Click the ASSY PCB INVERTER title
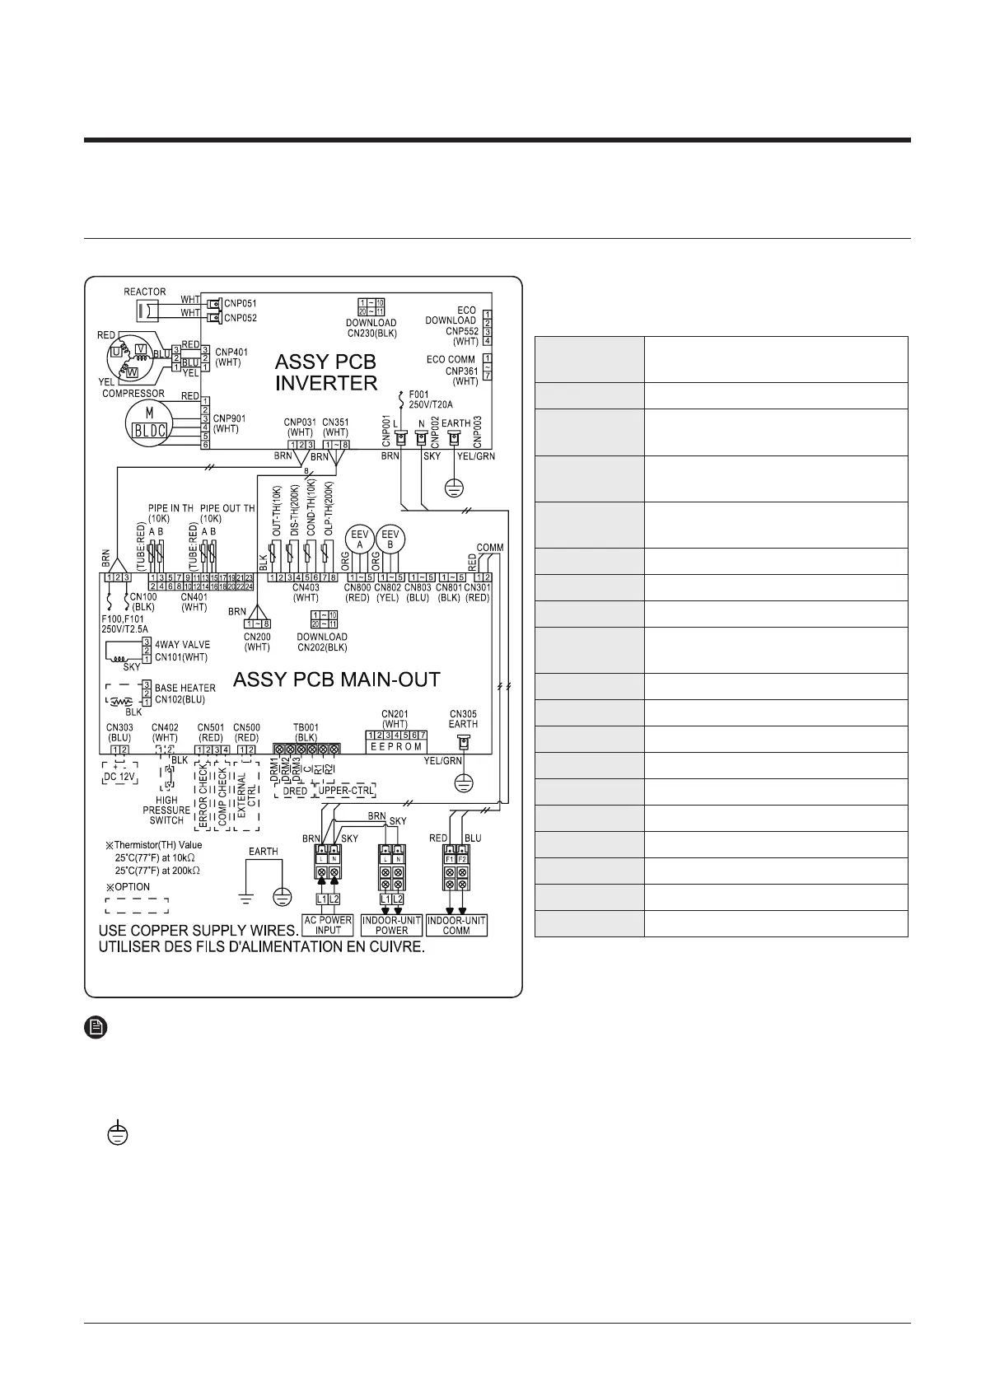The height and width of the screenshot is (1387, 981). pos(325,372)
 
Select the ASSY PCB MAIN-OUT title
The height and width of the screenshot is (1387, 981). pos(337,679)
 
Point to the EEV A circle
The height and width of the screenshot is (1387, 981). pos(359,539)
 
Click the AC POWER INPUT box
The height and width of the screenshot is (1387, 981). pos(328,925)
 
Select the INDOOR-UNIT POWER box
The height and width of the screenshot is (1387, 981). pos(391,925)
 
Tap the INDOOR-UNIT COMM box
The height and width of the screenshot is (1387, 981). pos(456,925)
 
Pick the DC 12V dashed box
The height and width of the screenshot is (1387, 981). pos(119,776)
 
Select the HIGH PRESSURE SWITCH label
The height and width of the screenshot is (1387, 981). pos(166,810)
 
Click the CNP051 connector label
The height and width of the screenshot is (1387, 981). pos(241,303)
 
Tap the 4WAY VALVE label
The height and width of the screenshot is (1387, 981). pos(182,644)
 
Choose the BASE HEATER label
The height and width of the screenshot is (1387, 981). pos(185,687)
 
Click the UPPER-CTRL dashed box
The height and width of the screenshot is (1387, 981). pos(345,791)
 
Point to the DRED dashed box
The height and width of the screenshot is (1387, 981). pos(295,791)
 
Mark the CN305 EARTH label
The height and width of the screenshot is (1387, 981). pos(463,718)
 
